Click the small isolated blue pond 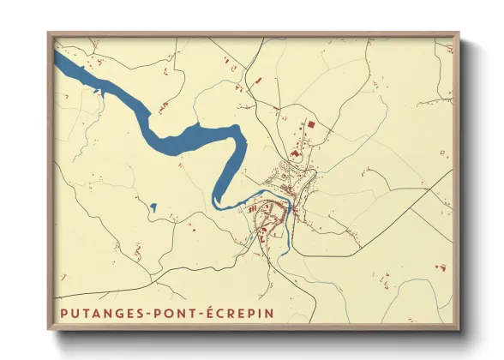(153, 207)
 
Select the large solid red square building (311, 125)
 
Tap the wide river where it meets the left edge (58, 60)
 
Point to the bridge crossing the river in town (288, 206)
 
